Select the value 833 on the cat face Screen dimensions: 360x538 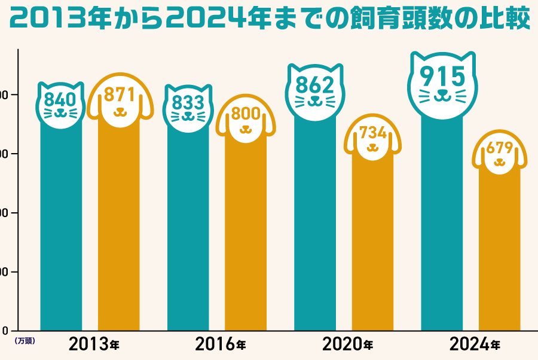188,103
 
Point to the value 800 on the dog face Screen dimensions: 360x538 245,114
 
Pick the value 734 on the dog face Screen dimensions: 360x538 373,133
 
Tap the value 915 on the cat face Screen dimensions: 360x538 442,76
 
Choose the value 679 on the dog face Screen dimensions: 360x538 500,148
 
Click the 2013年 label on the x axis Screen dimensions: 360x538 94,344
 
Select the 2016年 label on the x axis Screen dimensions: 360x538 221,344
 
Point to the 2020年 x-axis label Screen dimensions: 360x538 347,344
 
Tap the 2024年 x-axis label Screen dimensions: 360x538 475,344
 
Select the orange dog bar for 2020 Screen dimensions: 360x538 373,251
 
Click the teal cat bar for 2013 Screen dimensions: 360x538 60,227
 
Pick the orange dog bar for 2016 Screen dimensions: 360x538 245,239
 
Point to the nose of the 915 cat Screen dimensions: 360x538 442,94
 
